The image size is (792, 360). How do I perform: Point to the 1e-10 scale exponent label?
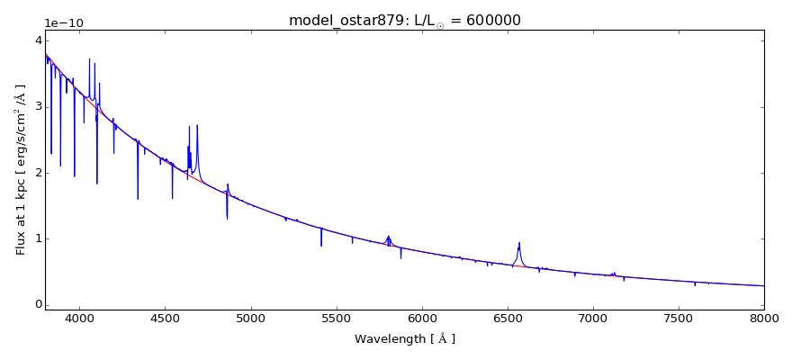64,22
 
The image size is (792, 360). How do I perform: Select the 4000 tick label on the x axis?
79,319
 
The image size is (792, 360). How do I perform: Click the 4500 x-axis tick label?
165,319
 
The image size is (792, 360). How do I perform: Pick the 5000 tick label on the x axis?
250,319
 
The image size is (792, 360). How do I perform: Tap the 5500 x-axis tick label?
336,319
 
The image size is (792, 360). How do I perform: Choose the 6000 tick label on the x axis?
421,319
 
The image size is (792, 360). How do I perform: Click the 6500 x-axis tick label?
507,319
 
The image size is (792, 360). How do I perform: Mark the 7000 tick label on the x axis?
593,319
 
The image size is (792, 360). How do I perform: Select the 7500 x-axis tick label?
679,319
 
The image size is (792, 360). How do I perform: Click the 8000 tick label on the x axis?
764,319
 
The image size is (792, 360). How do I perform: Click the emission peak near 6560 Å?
519,243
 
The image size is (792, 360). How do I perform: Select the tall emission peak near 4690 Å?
197,126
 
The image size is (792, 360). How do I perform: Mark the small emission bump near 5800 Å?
389,237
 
